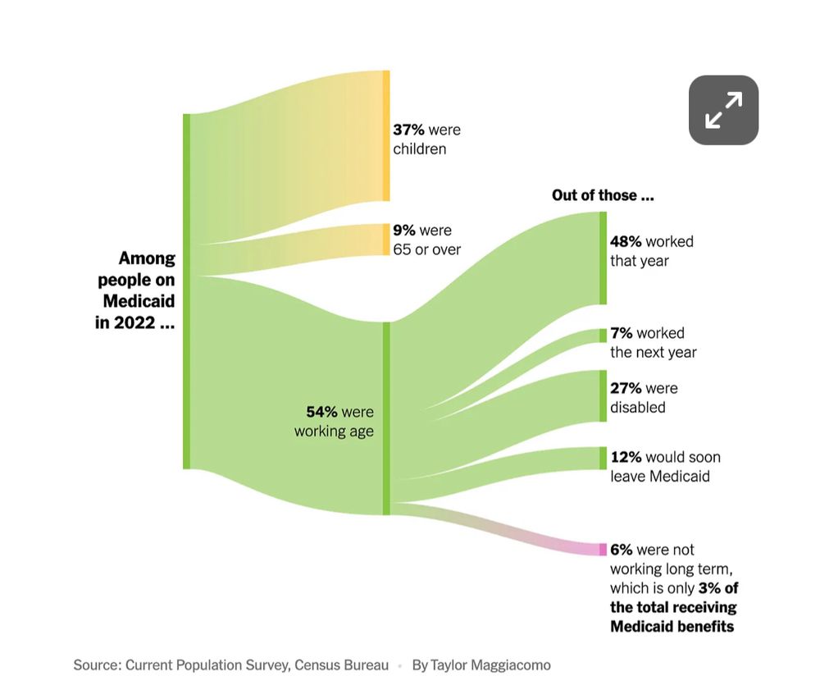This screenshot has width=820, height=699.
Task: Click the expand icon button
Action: coord(723,110)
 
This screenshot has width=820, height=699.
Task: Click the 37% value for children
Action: coord(408,130)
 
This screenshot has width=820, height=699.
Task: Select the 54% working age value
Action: coord(321,412)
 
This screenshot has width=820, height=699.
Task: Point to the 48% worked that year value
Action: coord(626,241)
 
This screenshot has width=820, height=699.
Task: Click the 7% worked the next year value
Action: coord(621,333)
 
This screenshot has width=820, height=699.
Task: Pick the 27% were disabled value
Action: coord(626,388)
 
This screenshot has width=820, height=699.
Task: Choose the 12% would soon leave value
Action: coord(626,457)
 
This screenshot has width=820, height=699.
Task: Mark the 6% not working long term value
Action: coord(621,550)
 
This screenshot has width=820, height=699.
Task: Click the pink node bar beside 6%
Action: coord(603,549)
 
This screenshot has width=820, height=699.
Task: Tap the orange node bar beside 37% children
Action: coord(386,135)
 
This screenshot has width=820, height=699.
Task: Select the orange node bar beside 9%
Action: coord(386,240)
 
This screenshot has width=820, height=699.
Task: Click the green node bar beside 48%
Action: coord(603,258)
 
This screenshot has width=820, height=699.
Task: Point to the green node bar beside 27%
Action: coord(603,395)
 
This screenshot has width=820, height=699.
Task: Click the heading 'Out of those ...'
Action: coord(603,195)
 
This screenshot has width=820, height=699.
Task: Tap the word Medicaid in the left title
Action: coord(139,301)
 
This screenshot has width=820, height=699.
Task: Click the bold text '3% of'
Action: coord(717,588)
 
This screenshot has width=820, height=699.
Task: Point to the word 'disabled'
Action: coord(637,408)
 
